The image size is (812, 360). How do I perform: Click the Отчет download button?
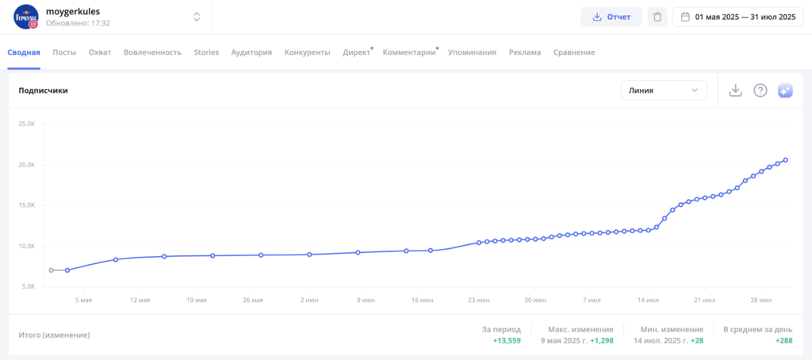coord(611,17)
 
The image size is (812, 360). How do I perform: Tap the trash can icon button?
coord(657,17)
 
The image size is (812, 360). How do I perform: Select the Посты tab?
coord(64,52)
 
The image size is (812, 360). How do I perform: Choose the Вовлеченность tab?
coord(152,52)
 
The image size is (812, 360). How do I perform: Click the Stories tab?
coord(206,52)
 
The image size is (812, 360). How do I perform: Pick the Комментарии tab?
coord(409,52)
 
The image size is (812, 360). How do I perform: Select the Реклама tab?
coord(525,52)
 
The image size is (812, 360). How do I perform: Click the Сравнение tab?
coord(574,52)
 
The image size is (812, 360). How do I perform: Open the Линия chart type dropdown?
coord(664,90)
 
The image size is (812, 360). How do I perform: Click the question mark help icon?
coord(760,90)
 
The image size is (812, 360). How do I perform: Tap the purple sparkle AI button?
coord(785,90)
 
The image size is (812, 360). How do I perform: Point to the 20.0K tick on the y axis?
coord(27,165)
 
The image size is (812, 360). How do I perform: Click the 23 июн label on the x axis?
coord(477,301)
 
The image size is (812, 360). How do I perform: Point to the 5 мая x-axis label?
coord(84,301)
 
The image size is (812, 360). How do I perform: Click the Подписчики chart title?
coord(43,90)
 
